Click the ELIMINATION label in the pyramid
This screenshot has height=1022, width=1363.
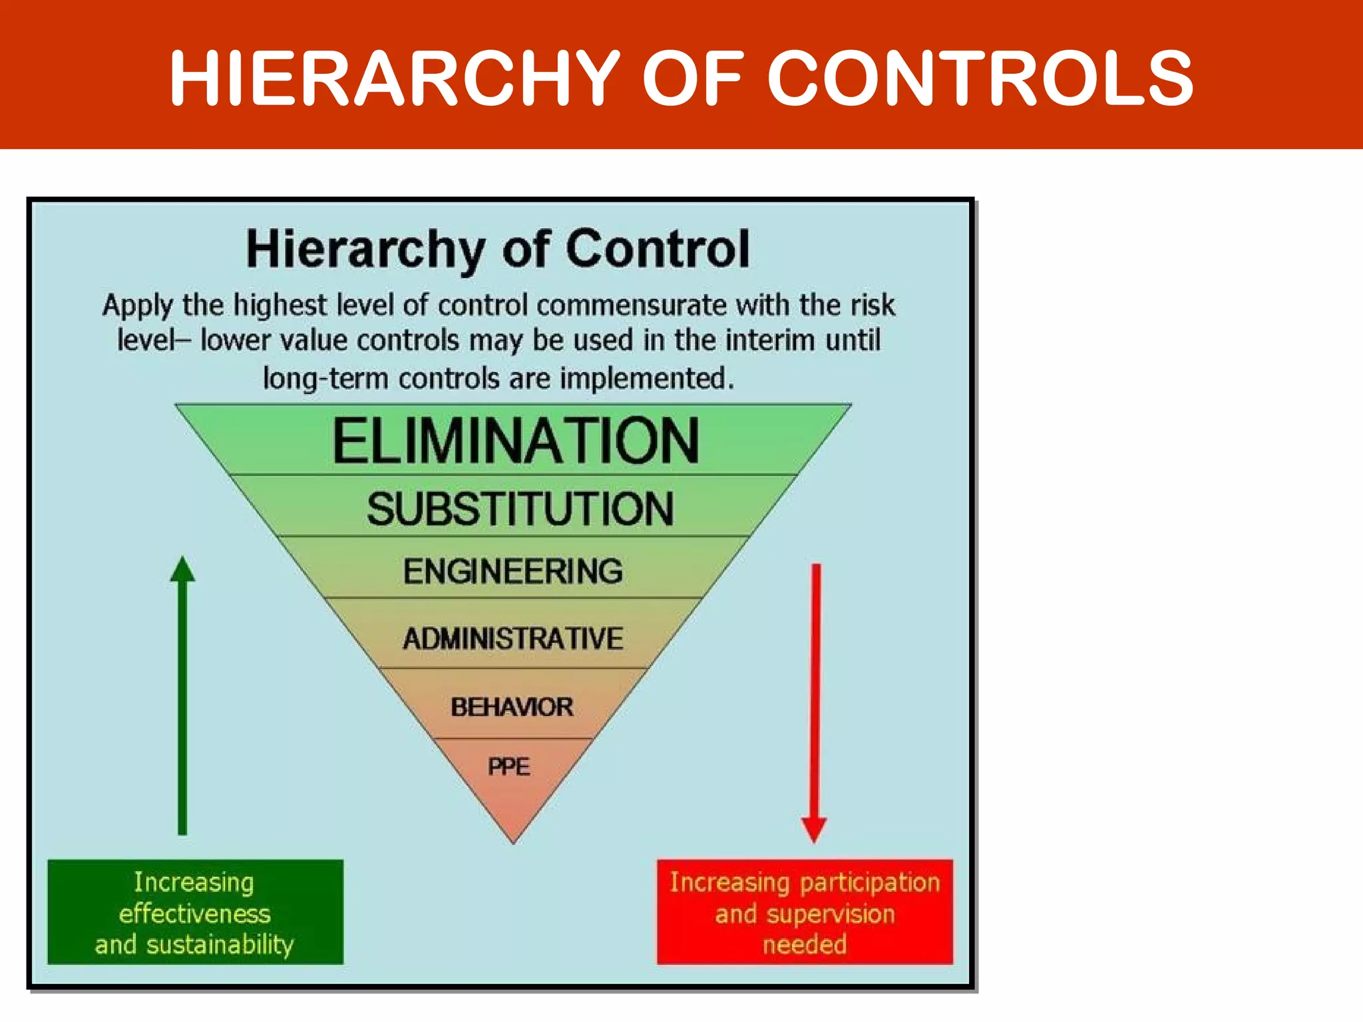[516, 441]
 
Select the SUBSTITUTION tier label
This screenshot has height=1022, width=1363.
[520, 509]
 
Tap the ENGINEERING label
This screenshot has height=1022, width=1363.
[513, 572]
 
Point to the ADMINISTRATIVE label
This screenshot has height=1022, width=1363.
[513, 639]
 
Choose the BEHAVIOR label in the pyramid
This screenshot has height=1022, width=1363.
[512, 707]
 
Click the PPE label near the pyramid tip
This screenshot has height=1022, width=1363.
[509, 767]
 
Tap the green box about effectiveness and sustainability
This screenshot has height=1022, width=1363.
[195, 912]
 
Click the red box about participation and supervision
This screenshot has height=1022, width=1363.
[805, 912]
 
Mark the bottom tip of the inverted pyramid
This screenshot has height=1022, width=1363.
[514, 842]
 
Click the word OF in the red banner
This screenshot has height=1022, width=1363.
[692, 79]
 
